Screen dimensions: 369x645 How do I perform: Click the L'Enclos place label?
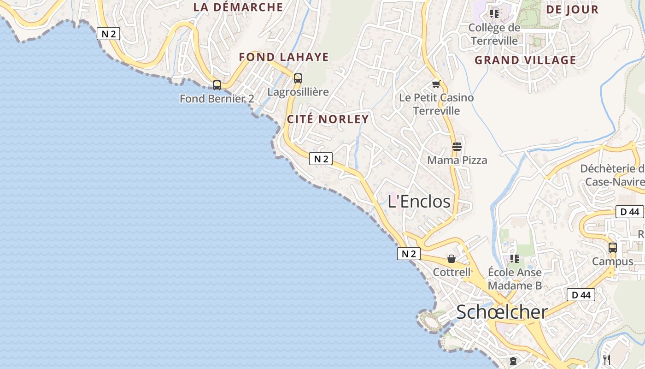pyautogui.click(x=419, y=201)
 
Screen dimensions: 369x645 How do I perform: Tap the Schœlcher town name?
pyautogui.click(x=502, y=312)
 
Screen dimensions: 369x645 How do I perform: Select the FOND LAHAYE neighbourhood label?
pyautogui.click(x=283, y=57)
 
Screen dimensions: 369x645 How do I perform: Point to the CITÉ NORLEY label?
pyautogui.click(x=328, y=119)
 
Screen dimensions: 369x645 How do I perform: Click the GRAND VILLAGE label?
pyautogui.click(x=525, y=60)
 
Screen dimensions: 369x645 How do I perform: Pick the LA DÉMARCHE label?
pyautogui.click(x=238, y=7)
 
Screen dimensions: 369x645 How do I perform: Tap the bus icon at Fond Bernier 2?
pyautogui.click(x=217, y=85)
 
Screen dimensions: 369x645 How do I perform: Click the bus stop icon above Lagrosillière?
pyautogui.click(x=298, y=78)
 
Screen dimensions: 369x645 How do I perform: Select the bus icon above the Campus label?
pyautogui.click(x=612, y=248)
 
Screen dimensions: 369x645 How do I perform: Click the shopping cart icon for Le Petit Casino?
pyautogui.click(x=436, y=84)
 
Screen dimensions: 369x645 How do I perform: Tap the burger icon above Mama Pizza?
pyautogui.click(x=457, y=147)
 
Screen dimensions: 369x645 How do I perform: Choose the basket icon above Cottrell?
pyautogui.click(x=451, y=259)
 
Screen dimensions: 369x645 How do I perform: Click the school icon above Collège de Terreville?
pyautogui.click(x=494, y=14)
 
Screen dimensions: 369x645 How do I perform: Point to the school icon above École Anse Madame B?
pyautogui.click(x=515, y=259)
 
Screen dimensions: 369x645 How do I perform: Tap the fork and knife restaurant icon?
pyautogui.click(x=607, y=359)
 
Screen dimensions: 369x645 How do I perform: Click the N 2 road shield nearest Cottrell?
pyautogui.click(x=409, y=254)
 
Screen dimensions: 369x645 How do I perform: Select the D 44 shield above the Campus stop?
pyautogui.click(x=629, y=212)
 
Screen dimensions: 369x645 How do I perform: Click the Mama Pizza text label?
pyautogui.click(x=457, y=160)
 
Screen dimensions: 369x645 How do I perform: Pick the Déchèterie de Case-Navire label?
pyautogui.click(x=612, y=175)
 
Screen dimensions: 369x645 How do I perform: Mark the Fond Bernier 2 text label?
pyautogui.click(x=217, y=98)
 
